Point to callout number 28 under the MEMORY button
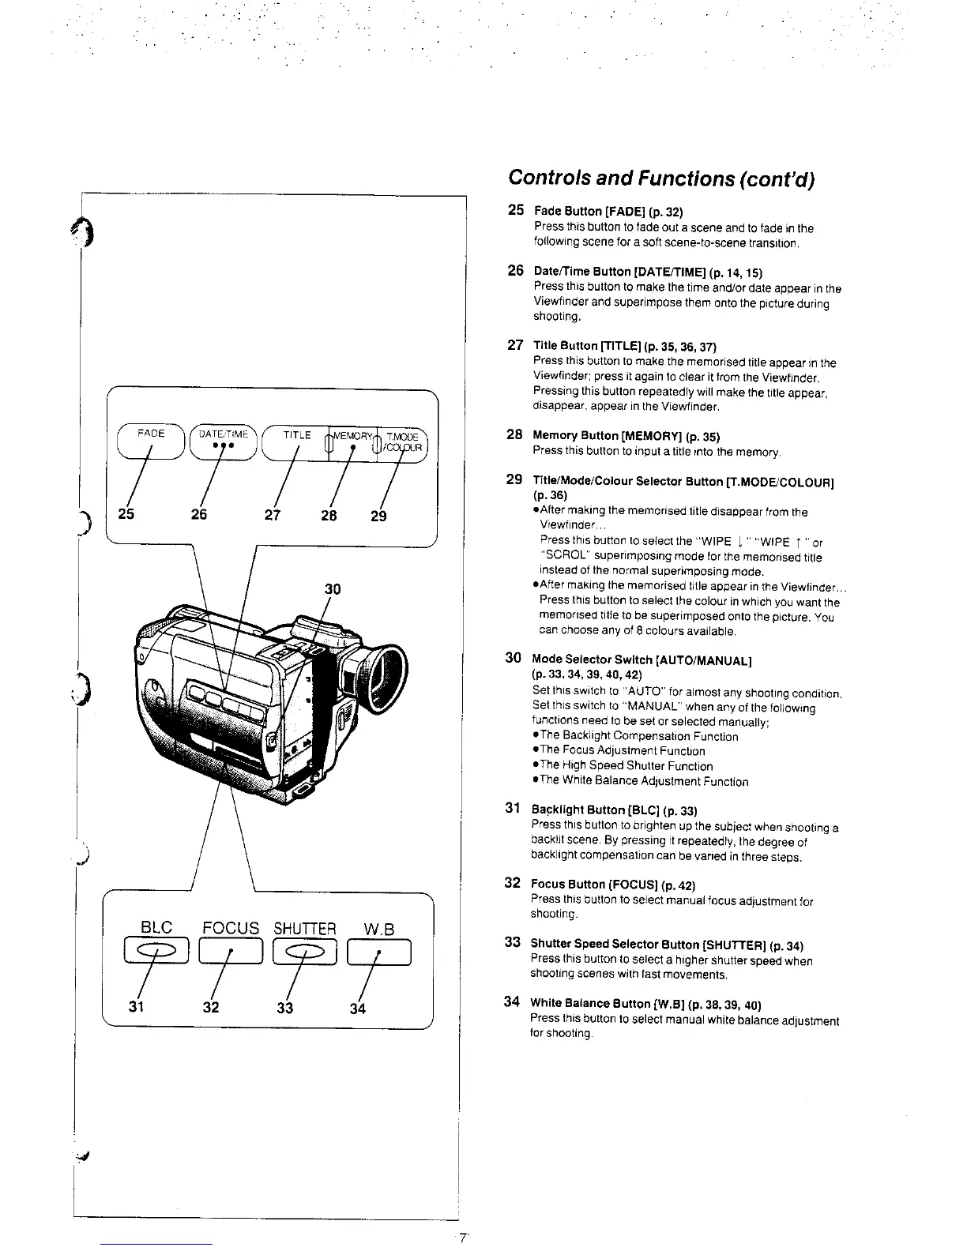[329, 516]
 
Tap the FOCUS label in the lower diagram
[231, 928]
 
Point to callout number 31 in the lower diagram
[137, 1008]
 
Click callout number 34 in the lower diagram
[358, 1008]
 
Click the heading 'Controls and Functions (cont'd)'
[661, 178]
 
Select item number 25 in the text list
[515, 210]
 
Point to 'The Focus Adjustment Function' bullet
[622, 751]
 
